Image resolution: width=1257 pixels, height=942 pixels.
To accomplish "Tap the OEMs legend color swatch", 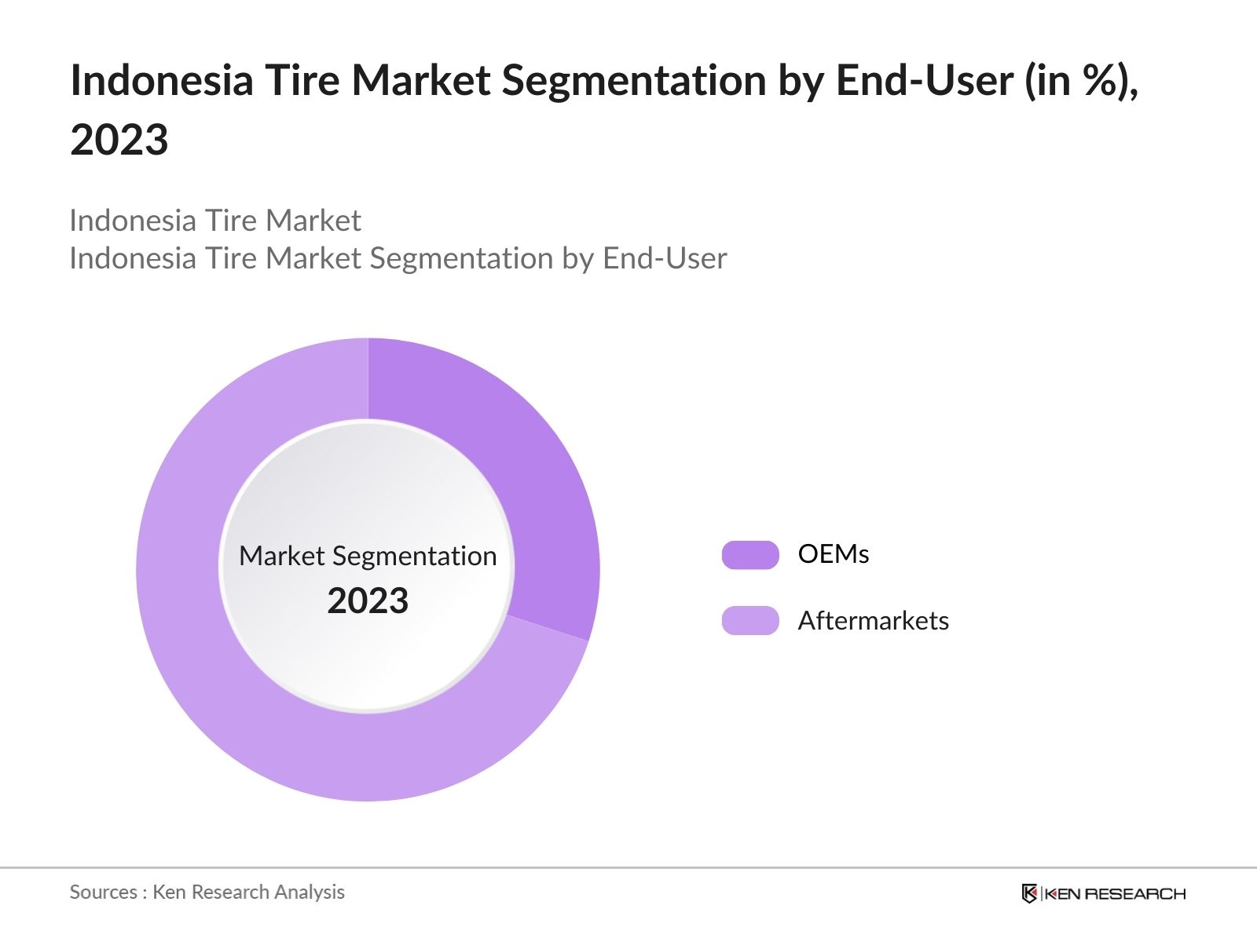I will tap(750, 555).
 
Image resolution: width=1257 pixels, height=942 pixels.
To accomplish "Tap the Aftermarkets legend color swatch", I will tap(750, 621).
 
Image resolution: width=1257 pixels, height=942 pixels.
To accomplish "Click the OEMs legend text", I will tap(833, 554).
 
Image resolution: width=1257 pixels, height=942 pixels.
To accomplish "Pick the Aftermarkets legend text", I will tap(873, 621).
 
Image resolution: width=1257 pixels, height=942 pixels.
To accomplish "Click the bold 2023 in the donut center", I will tap(368, 601).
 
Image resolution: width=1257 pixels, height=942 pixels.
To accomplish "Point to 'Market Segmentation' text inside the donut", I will tap(368, 556).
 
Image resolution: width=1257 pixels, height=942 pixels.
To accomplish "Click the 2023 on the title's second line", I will tap(119, 141).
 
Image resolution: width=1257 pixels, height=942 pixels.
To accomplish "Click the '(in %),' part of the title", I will tap(1081, 81).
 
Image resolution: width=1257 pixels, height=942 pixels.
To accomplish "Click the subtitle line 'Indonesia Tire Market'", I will tap(215, 221).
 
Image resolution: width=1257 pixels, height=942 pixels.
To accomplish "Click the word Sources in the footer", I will tap(103, 892).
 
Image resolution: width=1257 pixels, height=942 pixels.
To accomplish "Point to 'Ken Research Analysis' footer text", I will tap(248, 892).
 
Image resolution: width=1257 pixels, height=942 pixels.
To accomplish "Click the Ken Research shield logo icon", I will tap(1029, 893).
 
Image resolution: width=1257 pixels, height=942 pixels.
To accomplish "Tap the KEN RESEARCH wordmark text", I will tap(1115, 893).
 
